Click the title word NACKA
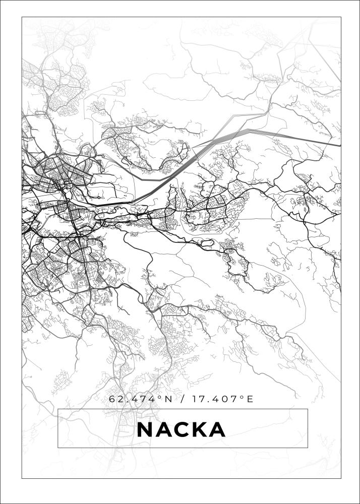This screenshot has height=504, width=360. (x=181, y=430)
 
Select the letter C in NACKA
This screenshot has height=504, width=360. (x=182, y=430)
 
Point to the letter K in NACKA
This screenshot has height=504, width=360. (x=199, y=430)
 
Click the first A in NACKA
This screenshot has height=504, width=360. (x=163, y=430)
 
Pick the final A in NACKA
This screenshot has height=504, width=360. (x=217, y=430)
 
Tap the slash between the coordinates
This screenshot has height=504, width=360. (x=181, y=400)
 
